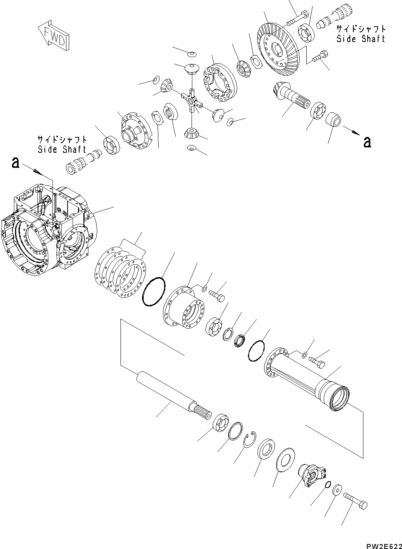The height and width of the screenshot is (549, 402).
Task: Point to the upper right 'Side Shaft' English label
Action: pos(361,39)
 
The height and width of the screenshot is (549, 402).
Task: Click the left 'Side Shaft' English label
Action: pos(62,150)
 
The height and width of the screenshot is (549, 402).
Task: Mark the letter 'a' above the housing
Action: pos(15,162)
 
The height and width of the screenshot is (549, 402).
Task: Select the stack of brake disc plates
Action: pos(120,272)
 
